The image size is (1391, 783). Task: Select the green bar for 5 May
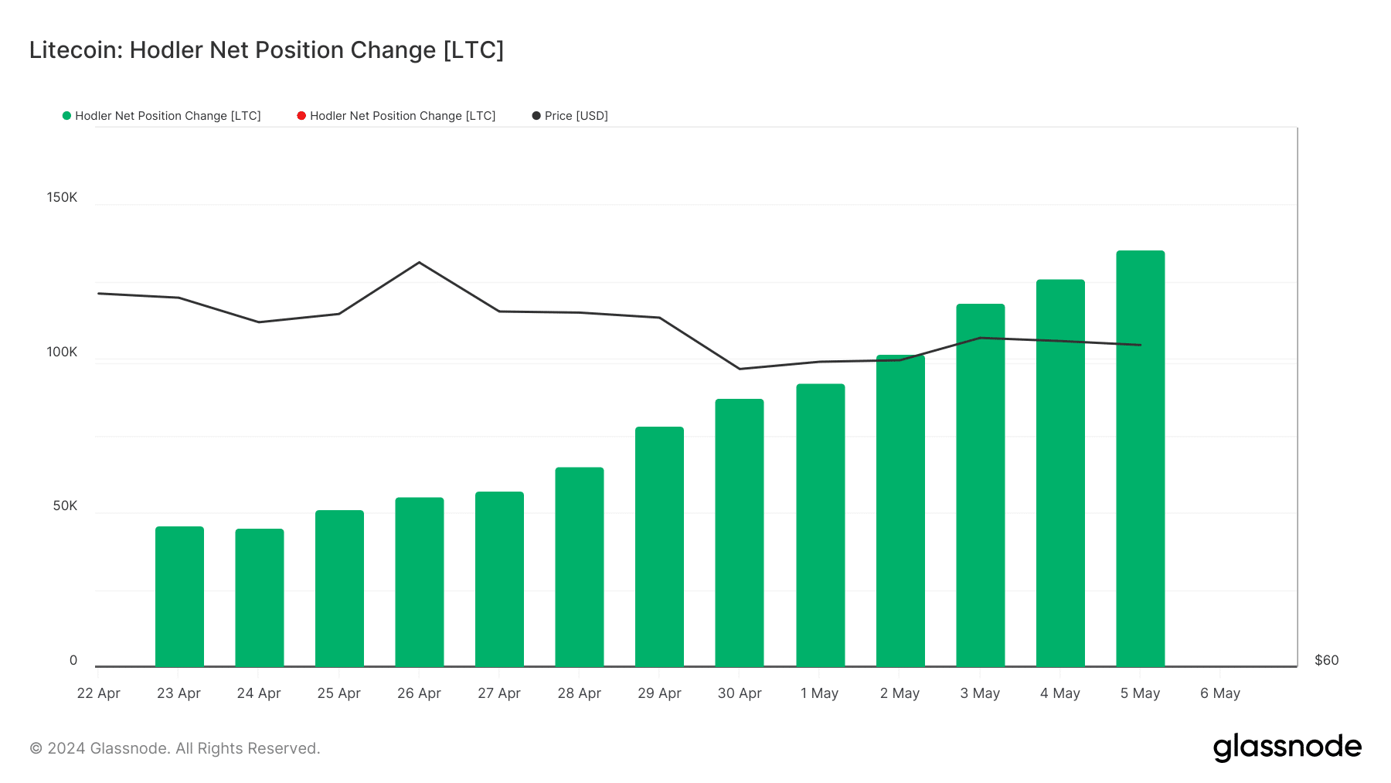click(x=1140, y=458)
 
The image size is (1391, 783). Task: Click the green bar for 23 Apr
click(x=179, y=597)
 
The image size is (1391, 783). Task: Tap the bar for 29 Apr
click(x=659, y=546)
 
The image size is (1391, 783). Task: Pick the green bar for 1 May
click(x=820, y=526)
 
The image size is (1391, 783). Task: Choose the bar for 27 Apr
click(x=499, y=579)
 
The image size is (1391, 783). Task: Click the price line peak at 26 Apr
click(x=419, y=263)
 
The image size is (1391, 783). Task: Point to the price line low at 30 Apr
click(x=740, y=369)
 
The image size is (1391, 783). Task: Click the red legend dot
click(x=301, y=116)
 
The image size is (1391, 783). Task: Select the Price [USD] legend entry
click(x=570, y=116)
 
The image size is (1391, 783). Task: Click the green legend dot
click(x=66, y=116)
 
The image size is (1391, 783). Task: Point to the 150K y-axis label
click(x=62, y=197)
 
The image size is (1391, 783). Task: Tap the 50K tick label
click(x=65, y=506)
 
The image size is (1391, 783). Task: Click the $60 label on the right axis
click(x=1327, y=660)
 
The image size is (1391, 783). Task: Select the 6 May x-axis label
click(x=1220, y=693)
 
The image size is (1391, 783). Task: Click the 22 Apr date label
click(x=98, y=693)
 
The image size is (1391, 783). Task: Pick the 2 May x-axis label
click(x=900, y=693)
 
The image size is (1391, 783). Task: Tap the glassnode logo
click(x=1287, y=747)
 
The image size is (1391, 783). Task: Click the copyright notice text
click(x=175, y=748)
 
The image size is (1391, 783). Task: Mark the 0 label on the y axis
click(x=73, y=660)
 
